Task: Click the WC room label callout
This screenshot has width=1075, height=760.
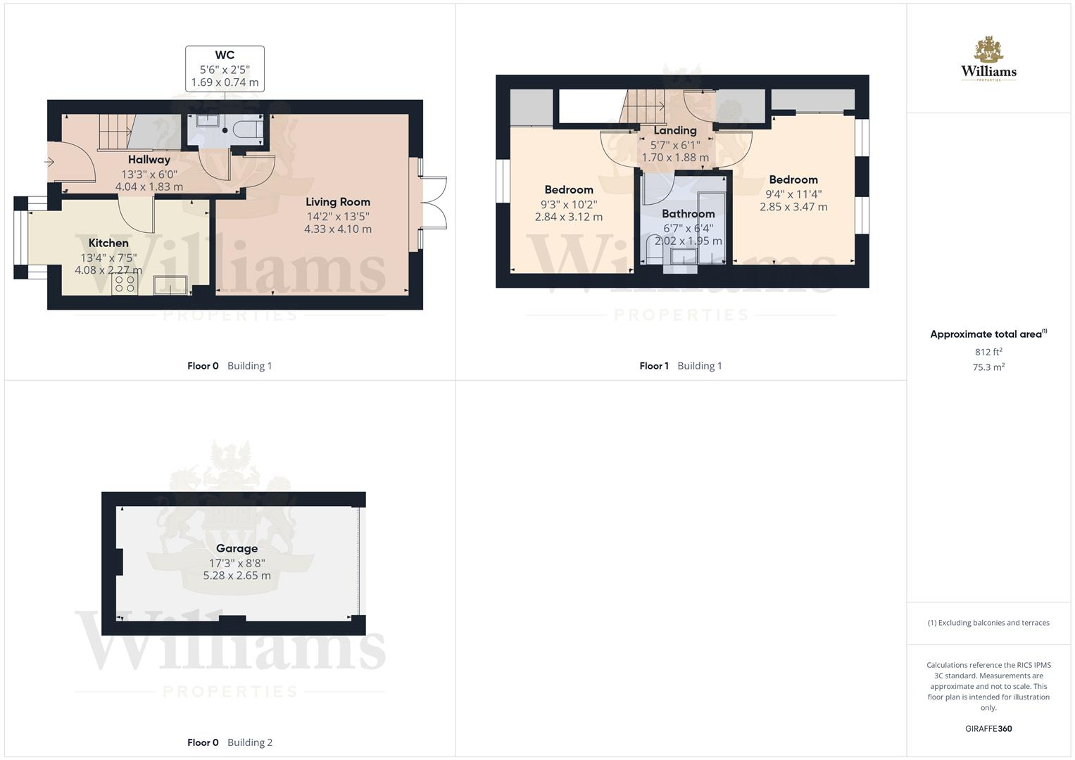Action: pos(225,69)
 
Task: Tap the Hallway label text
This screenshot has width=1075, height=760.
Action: pos(149,160)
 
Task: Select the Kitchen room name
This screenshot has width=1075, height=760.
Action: pos(108,243)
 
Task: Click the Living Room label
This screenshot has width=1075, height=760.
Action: pos(338,202)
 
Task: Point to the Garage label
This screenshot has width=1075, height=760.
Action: pos(237,548)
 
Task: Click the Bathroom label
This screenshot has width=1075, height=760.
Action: pos(688,214)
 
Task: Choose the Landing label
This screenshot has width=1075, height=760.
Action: pos(674,130)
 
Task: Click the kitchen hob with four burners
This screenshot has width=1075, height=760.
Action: pos(125,284)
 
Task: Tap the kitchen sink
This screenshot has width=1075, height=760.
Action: pos(170,284)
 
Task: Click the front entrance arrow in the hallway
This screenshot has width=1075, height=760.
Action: pos(49,163)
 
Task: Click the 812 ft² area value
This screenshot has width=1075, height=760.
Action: pos(988,352)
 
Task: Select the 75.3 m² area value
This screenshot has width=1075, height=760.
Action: pos(988,367)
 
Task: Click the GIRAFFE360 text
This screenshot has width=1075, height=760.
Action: pos(988,729)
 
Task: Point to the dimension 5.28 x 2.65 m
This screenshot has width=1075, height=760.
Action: pos(237,576)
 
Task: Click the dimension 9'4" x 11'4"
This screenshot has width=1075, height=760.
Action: pos(793,194)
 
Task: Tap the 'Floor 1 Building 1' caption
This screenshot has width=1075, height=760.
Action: pos(680,366)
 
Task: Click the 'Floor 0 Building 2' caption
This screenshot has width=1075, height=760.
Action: pos(230,742)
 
